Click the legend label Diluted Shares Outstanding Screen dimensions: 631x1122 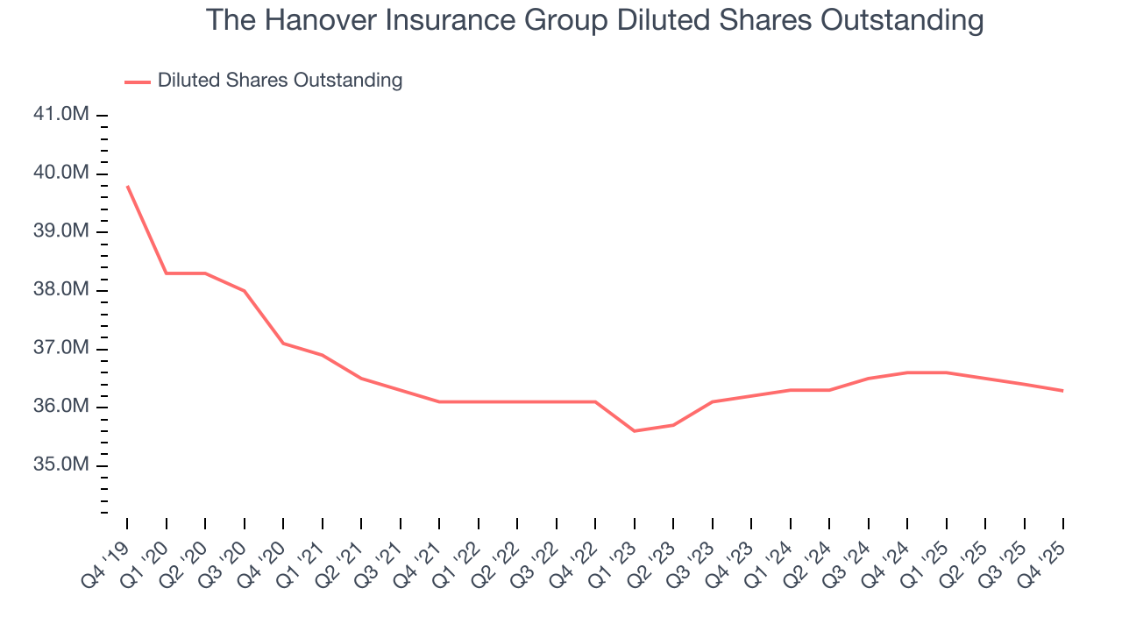(280, 81)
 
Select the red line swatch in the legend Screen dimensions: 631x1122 (138, 82)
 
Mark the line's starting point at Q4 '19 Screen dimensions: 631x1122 (127, 186)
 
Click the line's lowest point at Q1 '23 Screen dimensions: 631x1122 (634, 431)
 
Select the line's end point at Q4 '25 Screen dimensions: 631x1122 (1063, 390)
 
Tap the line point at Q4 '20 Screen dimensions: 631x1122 (283, 343)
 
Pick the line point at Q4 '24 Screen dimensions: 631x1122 (907, 372)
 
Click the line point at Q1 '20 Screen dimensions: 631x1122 (166, 273)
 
